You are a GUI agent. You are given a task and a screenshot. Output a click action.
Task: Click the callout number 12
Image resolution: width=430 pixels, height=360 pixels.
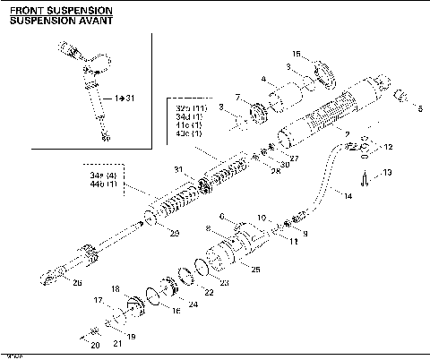[388, 147]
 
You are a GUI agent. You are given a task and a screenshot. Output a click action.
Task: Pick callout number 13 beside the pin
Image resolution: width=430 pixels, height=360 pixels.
[388, 172]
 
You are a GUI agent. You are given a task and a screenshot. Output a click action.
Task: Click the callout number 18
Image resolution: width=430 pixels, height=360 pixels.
[115, 288]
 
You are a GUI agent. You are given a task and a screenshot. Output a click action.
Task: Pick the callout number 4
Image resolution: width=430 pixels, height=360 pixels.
[264, 79]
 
